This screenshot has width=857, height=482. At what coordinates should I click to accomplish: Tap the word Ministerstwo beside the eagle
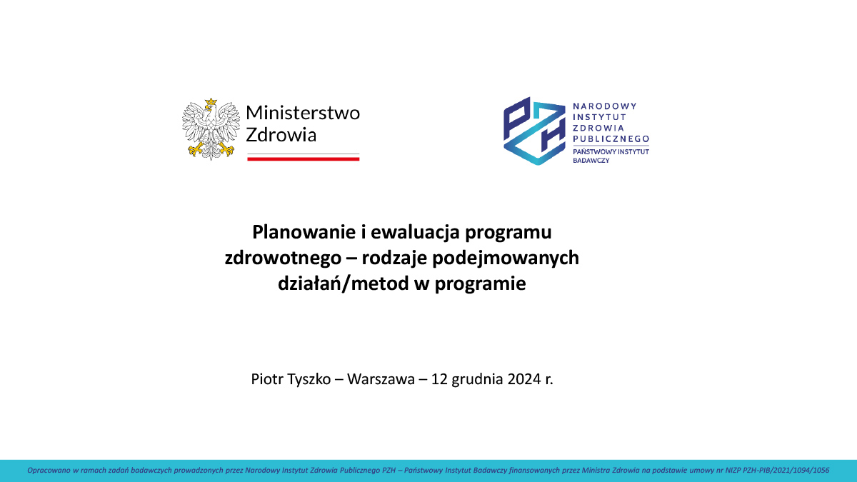coord(303,113)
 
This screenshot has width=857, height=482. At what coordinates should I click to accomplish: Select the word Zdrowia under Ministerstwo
coord(281,134)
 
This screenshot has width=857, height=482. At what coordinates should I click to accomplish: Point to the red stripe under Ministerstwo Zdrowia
coord(303,159)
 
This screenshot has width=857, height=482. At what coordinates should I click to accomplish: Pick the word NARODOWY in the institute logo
coord(604,106)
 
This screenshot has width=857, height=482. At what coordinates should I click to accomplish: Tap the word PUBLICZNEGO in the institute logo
coord(611,139)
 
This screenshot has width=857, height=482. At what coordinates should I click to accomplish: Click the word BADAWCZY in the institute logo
coord(591,161)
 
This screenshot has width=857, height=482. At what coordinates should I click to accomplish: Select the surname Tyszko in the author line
coord(311,379)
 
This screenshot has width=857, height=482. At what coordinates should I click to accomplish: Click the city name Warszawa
coord(381,379)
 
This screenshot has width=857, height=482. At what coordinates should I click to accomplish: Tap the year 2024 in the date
coord(524,379)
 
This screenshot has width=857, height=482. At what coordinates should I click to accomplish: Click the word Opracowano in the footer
coord(46,471)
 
